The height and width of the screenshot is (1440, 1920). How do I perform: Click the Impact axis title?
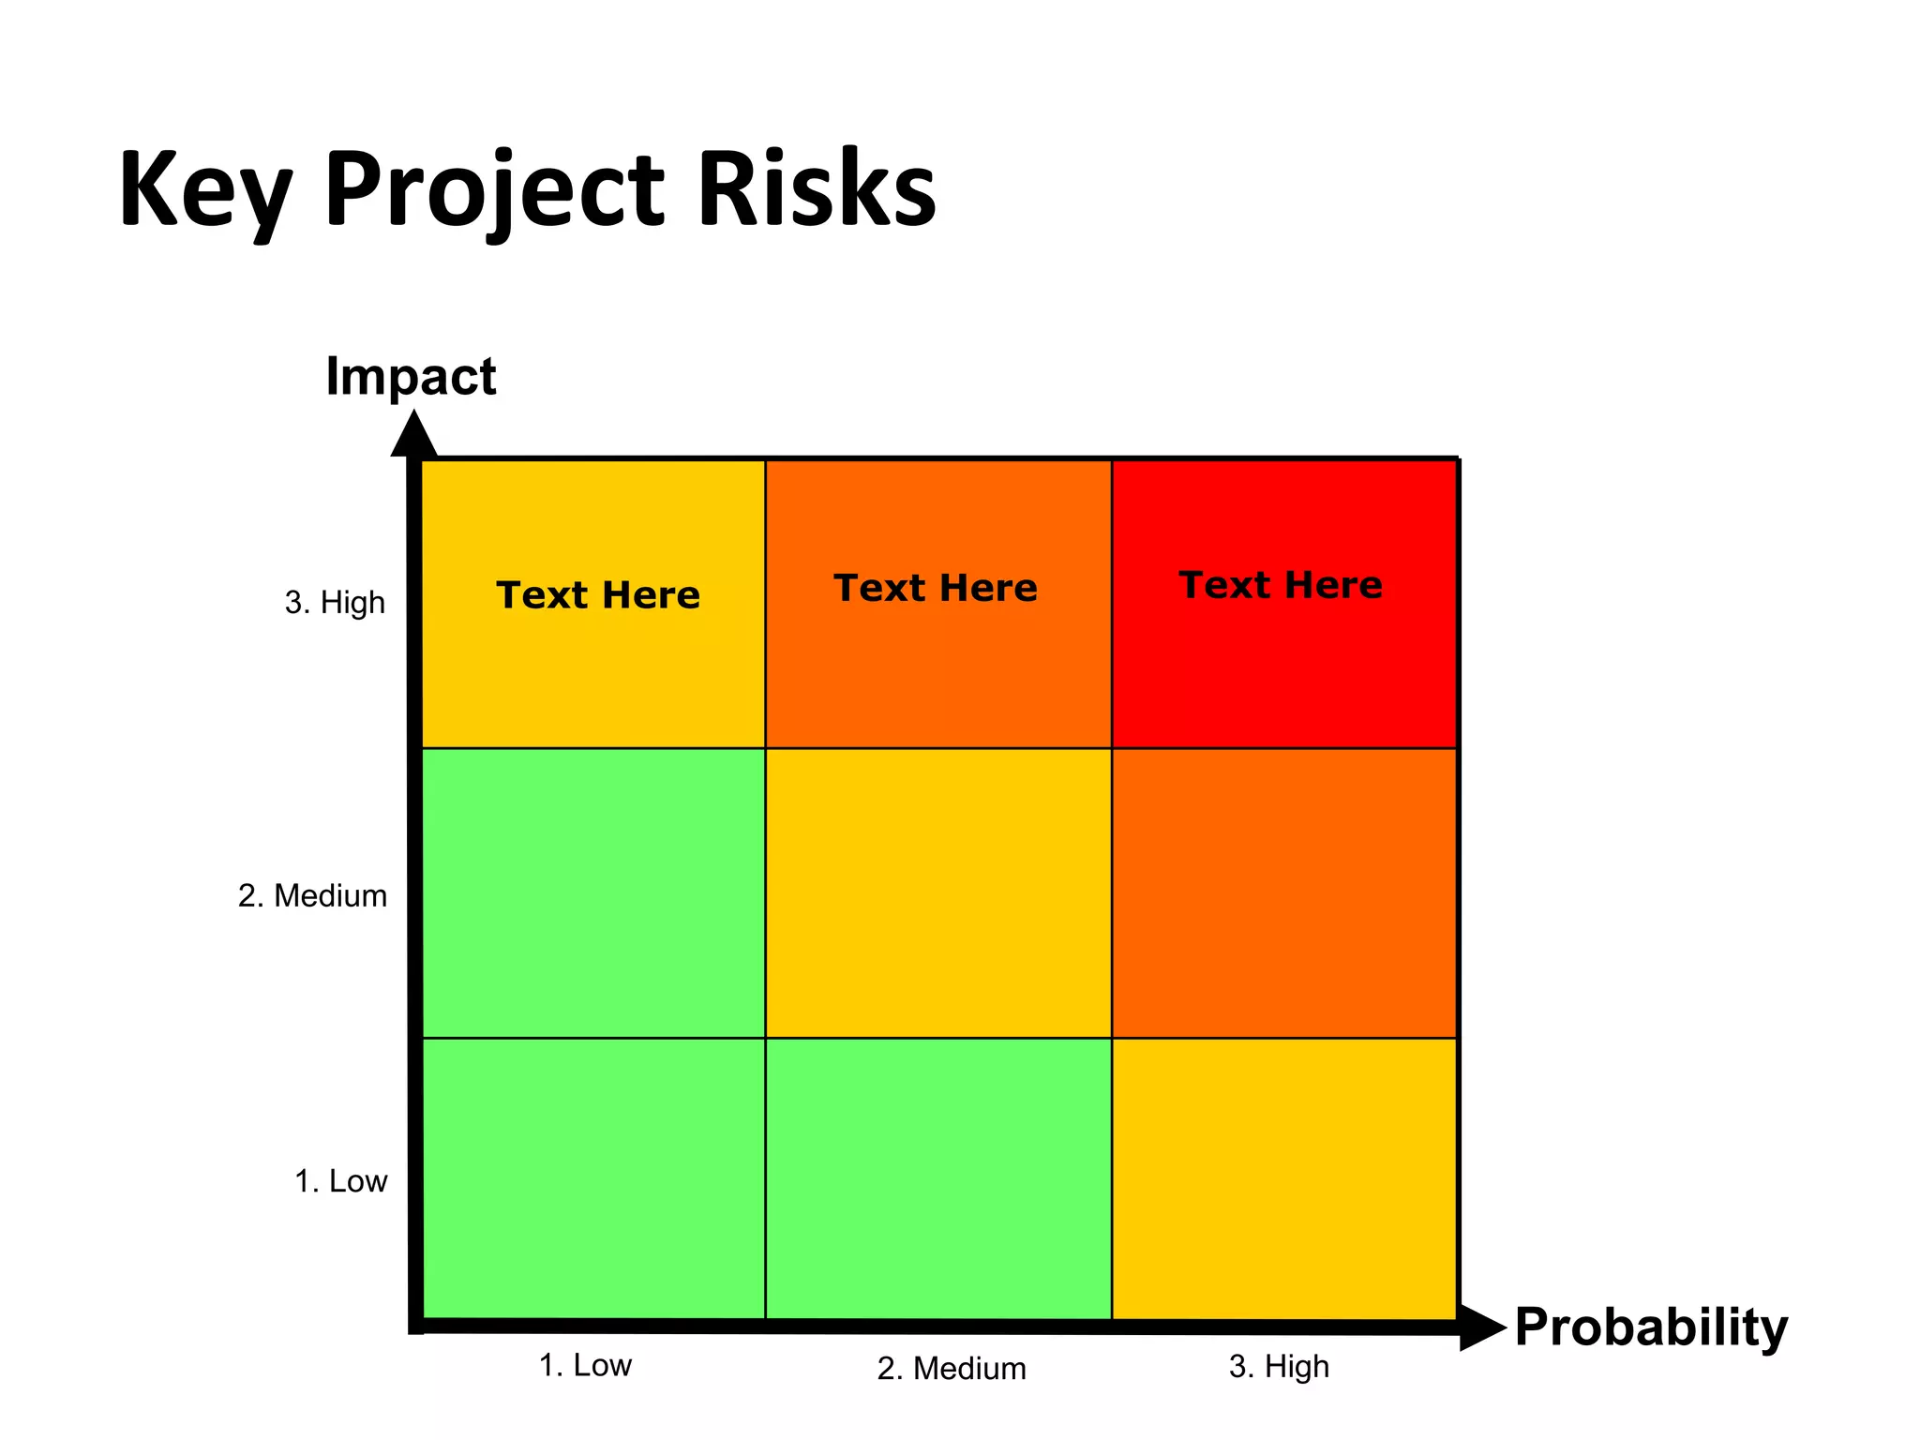coord(411,377)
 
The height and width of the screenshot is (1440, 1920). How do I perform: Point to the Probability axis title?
coord(1651,1327)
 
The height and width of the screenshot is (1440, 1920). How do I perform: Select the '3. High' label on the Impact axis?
coord(335,602)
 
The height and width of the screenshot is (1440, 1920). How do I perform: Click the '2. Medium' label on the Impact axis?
coord(312,896)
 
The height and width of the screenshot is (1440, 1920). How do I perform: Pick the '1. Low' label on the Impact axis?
coord(340,1181)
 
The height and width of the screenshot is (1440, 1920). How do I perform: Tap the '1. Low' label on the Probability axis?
coord(585,1365)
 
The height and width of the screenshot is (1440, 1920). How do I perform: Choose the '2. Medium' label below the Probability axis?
coord(952,1369)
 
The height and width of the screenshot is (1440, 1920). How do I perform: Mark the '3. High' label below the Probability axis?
coord(1279,1367)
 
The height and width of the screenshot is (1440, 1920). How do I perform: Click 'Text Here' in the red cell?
coord(1281,585)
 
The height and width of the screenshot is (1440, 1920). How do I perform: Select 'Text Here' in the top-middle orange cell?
coord(936,588)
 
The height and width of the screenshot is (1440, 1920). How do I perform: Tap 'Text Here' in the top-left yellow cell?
coord(598,595)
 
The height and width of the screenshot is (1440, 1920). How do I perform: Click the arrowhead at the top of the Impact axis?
coord(413,435)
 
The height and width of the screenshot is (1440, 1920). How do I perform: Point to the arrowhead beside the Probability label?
coord(1481,1327)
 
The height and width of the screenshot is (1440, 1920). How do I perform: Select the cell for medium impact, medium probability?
coord(938,892)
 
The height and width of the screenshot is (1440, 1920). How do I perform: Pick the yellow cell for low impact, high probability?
coord(1284,1178)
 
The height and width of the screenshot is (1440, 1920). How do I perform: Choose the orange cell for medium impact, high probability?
coord(1284,892)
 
